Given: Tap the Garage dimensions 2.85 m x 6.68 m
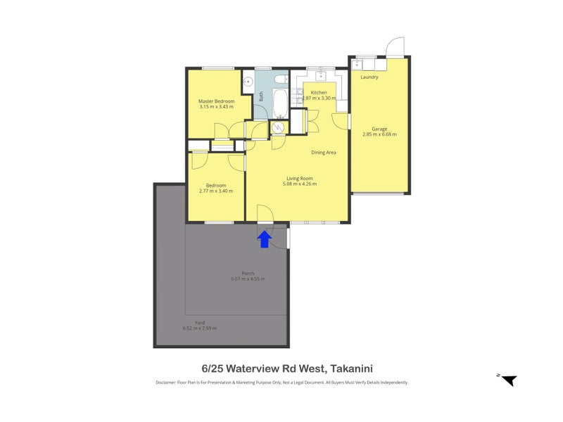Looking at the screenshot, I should point(379,134).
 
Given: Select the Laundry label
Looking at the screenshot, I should point(369,77).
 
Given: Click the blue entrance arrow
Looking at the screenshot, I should point(264,239).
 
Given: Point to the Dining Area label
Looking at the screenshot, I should point(323,152).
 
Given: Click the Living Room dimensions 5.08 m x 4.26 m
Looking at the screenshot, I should point(299,184).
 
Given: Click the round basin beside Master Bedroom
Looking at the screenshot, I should point(247,81).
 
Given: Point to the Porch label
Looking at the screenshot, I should point(248,274).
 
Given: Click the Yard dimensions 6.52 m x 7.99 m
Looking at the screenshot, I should point(199,328).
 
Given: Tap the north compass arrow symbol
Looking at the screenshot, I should point(509,381).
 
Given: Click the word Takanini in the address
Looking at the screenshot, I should point(347,368).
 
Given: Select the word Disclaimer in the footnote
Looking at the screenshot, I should point(169,383).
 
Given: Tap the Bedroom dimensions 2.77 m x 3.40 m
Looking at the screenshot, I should point(215,191).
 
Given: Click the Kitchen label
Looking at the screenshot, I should point(319,93).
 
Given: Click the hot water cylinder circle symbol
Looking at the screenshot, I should point(278,127).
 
